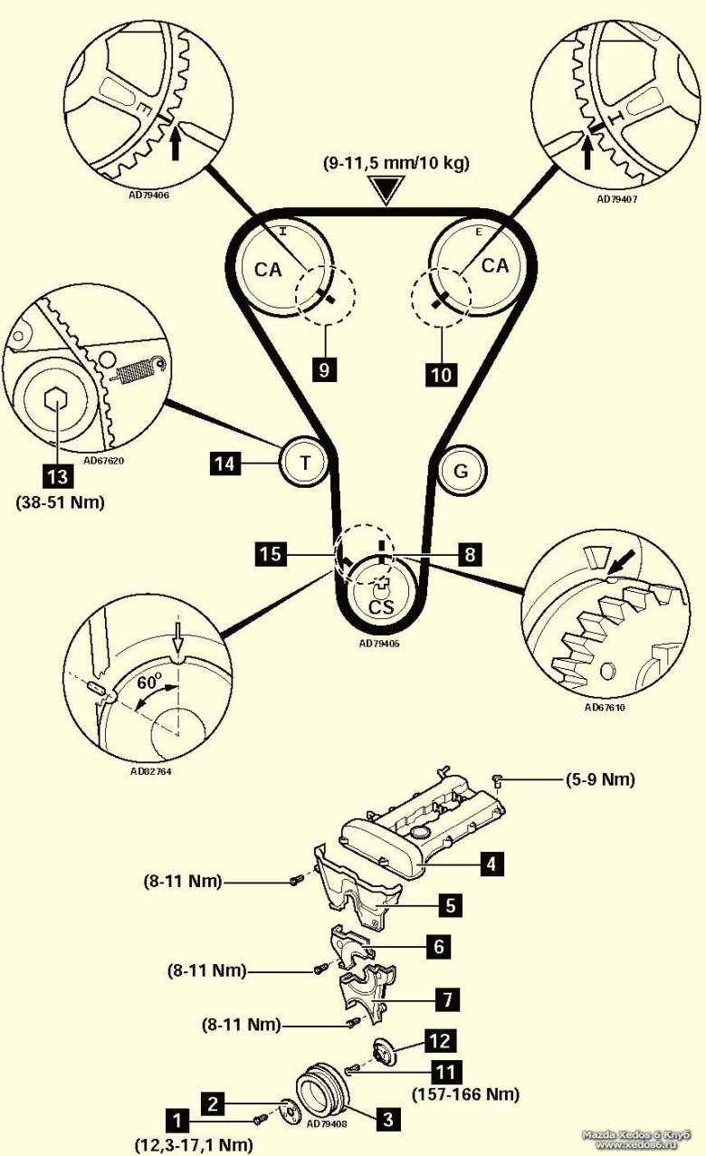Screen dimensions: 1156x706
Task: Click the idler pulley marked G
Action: pyautogui.click(x=461, y=470)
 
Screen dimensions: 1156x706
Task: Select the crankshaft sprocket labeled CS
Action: pyautogui.click(x=379, y=594)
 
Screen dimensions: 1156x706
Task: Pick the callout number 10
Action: pyautogui.click(x=442, y=371)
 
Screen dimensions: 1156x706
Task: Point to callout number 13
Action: pyautogui.click(x=56, y=473)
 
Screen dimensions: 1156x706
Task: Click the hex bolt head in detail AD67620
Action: pyautogui.click(x=54, y=402)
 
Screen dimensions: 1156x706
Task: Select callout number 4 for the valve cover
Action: pyautogui.click(x=491, y=863)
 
